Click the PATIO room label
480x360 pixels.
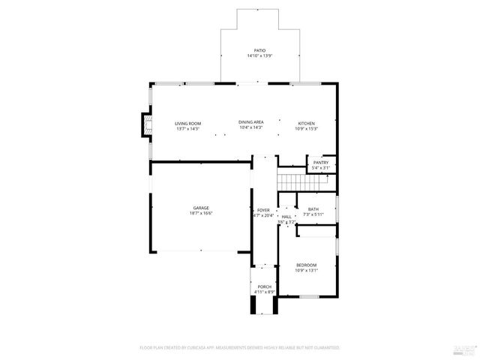pyautogui.click(x=259, y=50)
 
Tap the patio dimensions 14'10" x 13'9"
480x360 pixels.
pyautogui.click(x=259, y=56)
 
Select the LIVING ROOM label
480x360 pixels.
pyautogui.click(x=188, y=123)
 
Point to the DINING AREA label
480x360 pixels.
pyautogui.click(x=250, y=122)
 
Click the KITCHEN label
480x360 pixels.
pyautogui.click(x=306, y=123)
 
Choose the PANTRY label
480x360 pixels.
pyautogui.click(x=321, y=163)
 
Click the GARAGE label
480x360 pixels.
pyautogui.click(x=200, y=208)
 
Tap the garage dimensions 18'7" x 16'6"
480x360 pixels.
pyautogui.click(x=200, y=214)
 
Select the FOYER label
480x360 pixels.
pyautogui.click(x=263, y=210)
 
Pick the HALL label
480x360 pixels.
pyautogui.click(x=286, y=216)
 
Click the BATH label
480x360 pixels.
pyautogui.click(x=313, y=209)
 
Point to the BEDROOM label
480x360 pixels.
pyautogui.click(x=306, y=265)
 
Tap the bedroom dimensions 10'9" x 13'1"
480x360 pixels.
pyautogui.click(x=306, y=271)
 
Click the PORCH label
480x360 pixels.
pyautogui.click(x=264, y=286)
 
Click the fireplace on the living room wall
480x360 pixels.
pyautogui.click(x=146, y=124)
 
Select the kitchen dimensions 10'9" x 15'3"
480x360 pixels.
pyautogui.click(x=306, y=128)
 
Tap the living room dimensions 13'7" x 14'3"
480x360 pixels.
pyautogui.click(x=188, y=128)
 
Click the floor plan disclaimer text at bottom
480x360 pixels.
pyautogui.click(x=240, y=348)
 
